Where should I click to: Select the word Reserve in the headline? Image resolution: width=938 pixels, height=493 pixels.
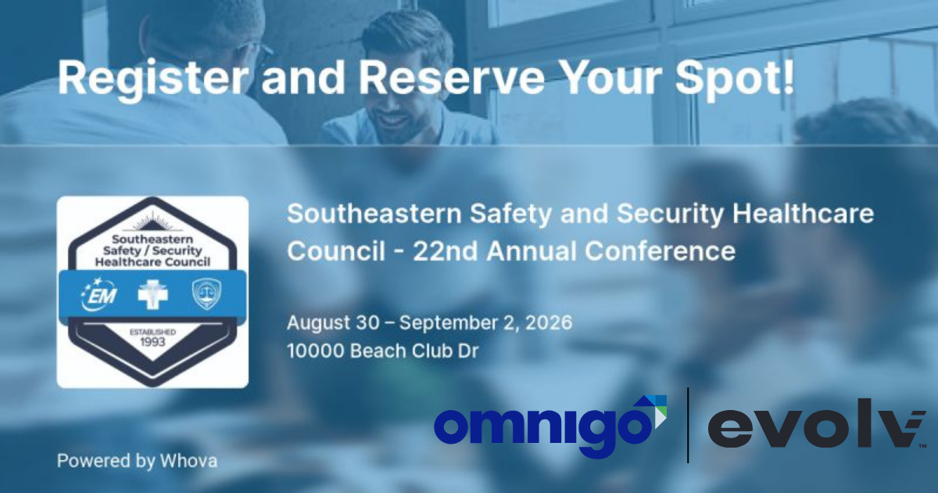click(x=452, y=78)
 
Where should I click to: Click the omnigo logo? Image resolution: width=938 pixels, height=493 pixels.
click(x=550, y=426)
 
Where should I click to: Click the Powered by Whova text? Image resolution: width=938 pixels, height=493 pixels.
click(x=137, y=461)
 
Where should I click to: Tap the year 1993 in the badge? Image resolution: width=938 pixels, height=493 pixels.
click(x=152, y=342)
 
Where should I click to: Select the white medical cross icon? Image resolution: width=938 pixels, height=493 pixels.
click(x=153, y=294)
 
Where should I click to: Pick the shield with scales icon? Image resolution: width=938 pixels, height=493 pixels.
click(x=206, y=294)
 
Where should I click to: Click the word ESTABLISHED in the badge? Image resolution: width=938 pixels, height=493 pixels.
click(x=152, y=332)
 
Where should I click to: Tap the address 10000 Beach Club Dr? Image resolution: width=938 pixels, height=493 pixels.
click(x=382, y=351)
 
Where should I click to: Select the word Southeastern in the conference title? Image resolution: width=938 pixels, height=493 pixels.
click(x=374, y=214)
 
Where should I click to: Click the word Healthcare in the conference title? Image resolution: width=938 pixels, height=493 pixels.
click(x=803, y=214)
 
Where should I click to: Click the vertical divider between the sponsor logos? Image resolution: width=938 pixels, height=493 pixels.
click(x=688, y=426)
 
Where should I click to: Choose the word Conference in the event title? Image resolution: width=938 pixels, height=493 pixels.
click(x=660, y=251)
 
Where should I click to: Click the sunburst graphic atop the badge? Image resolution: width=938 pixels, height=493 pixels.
click(x=153, y=221)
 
